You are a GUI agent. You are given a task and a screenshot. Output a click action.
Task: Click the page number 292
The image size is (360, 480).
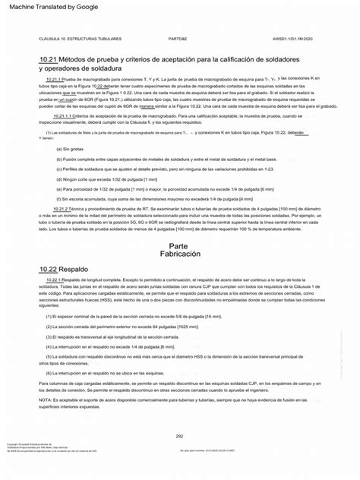180,435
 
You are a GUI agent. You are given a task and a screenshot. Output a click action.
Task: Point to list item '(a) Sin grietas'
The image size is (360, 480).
70,149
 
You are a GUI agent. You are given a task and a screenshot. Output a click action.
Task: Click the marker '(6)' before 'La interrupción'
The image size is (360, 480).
49,373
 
